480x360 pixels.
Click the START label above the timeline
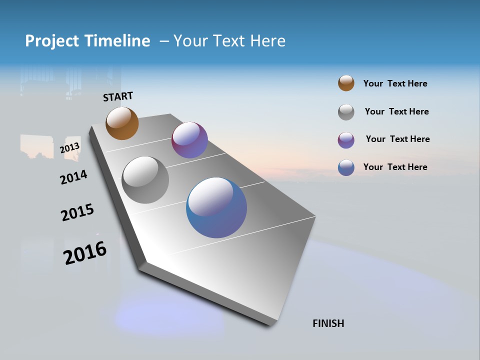(x=118, y=96)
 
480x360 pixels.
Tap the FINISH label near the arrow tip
(x=328, y=323)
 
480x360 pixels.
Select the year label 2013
(x=70, y=148)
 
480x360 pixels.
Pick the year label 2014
(x=73, y=177)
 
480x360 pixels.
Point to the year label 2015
(x=77, y=212)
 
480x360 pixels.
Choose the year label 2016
(x=85, y=253)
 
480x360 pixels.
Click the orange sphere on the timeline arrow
(x=122, y=123)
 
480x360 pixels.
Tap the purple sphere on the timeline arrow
(x=189, y=140)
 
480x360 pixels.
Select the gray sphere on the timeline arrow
(x=145, y=180)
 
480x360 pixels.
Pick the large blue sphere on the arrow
(x=216, y=207)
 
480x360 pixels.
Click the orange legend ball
(x=346, y=83)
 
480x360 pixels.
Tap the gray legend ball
(x=346, y=112)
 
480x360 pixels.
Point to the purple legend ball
(x=346, y=140)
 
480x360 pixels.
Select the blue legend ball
(x=346, y=167)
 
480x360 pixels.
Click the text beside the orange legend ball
(x=395, y=84)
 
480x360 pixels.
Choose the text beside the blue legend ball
(x=395, y=167)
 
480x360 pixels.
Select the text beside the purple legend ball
(x=397, y=139)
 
